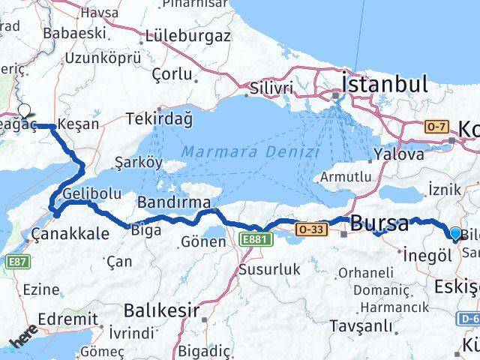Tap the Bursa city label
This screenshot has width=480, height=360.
380,223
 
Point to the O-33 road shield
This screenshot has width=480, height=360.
311,228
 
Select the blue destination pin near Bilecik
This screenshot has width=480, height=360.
455,234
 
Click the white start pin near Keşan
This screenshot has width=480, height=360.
25,111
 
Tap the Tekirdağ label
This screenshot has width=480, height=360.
160,118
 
